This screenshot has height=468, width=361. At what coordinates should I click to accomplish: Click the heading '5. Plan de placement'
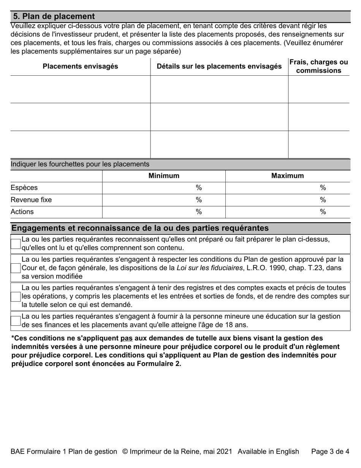click(54, 16)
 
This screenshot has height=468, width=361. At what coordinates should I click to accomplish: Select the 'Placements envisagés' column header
click(80, 66)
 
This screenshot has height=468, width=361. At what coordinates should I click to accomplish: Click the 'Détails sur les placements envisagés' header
click(219, 66)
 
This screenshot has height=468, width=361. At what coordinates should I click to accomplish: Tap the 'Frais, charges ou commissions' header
click(318, 66)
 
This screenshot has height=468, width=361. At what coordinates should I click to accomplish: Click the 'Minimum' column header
click(164, 176)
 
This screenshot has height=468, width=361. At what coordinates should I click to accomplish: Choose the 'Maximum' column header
click(287, 176)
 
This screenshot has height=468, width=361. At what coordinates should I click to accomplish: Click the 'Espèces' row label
click(24, 188)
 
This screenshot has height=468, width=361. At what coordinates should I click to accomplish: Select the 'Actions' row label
click(22, 212)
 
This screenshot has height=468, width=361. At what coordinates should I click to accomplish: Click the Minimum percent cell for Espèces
click(164, 188)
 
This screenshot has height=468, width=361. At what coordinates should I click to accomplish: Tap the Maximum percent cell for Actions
click(287, 212)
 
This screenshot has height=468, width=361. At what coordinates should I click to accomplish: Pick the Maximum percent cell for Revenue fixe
click(287, 200)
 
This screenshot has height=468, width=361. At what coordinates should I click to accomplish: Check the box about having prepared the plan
click(16, 244)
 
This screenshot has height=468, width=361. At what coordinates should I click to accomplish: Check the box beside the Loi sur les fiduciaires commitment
click(16, 268)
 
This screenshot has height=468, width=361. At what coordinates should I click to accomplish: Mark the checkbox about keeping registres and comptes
click(16, 296)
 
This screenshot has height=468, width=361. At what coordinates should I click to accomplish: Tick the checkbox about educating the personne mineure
click(16, 321)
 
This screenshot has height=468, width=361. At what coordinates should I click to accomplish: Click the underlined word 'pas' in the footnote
click(127, 338)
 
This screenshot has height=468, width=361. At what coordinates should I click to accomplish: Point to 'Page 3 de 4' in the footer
click(330, 451)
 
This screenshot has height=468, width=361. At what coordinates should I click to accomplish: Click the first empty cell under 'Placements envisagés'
click(80, 89)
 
